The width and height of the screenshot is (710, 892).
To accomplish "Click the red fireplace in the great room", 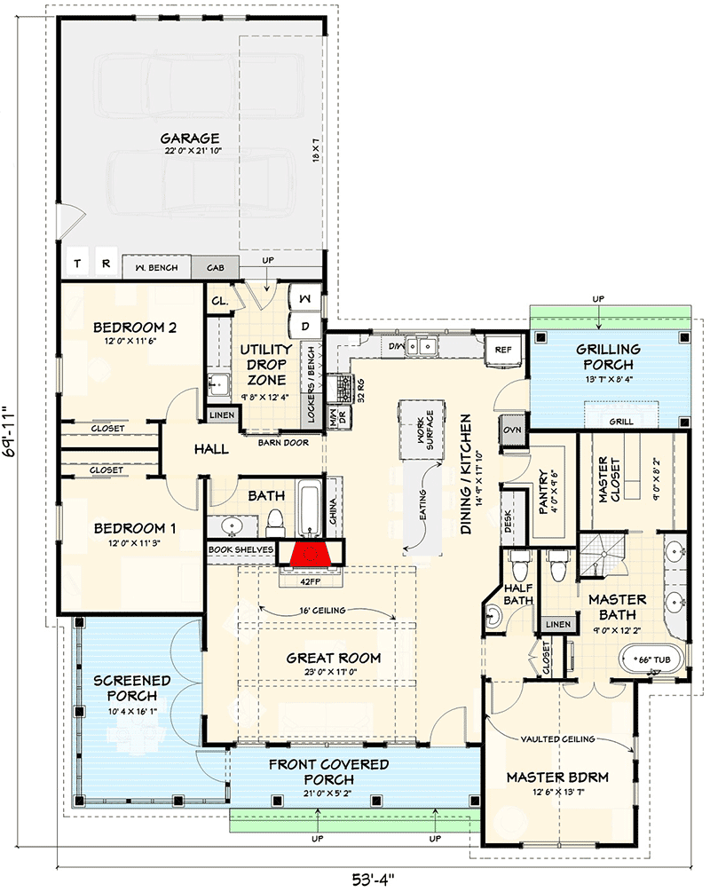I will pos(310,555).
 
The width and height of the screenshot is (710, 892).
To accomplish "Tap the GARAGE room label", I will pos(191,138).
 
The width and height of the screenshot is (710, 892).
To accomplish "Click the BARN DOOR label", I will pos(283,441).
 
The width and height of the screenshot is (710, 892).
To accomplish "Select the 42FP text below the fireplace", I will pos(308,582).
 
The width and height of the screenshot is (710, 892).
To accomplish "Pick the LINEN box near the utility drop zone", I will pos(221,415).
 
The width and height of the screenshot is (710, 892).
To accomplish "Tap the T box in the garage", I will pos(77,264).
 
